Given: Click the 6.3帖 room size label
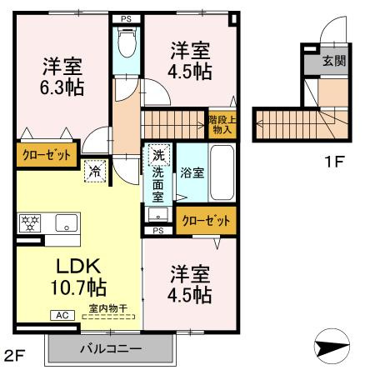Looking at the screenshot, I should pos(62,87).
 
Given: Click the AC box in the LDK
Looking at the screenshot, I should pos(63,316).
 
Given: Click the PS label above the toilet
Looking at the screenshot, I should pos(127,17).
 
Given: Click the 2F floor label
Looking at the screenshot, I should pos(17,358).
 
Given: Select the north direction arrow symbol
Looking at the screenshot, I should pos(332,347).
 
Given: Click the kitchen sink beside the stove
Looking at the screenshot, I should pos(64,222).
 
